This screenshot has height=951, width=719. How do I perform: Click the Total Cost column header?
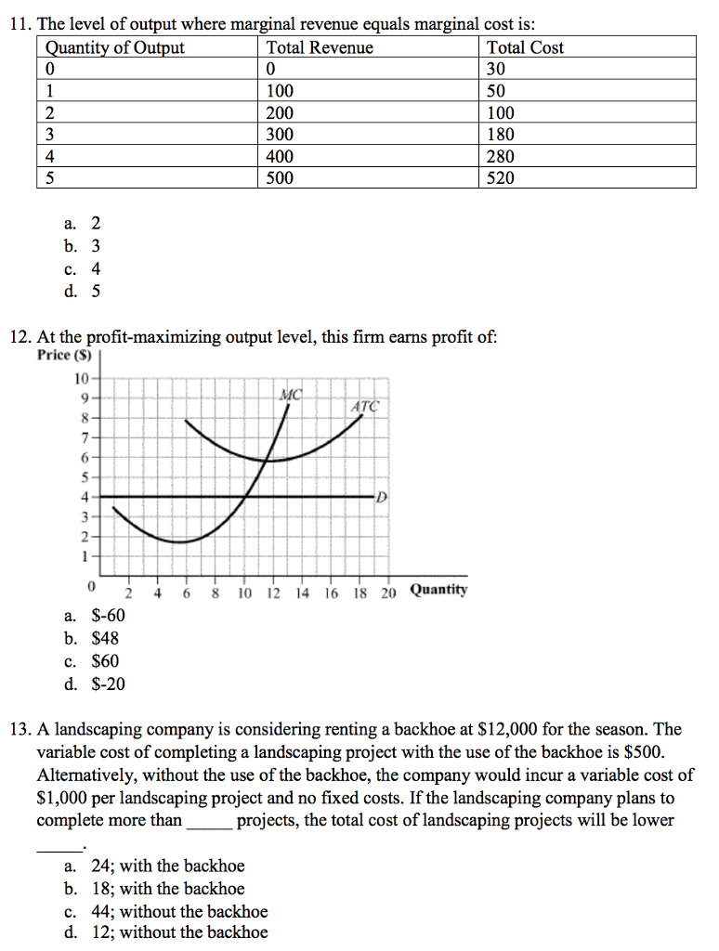(525, 47)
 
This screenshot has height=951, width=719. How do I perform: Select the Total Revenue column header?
(320, 47)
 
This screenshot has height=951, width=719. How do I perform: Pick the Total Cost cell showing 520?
(501, 178)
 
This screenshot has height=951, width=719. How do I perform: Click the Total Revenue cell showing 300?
(280, 135)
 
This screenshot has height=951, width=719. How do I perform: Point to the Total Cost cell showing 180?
(501, 135)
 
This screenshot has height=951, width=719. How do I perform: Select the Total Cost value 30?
(496, 70)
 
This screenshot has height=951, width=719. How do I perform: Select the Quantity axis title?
(438, 590)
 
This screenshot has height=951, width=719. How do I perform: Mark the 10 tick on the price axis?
(82, 378)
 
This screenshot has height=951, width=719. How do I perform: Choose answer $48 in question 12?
(105, 638)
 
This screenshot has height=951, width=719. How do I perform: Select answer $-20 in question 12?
(108, 684)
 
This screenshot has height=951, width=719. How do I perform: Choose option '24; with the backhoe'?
(167, 866)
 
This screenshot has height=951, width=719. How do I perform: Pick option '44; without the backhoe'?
(178, 911)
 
